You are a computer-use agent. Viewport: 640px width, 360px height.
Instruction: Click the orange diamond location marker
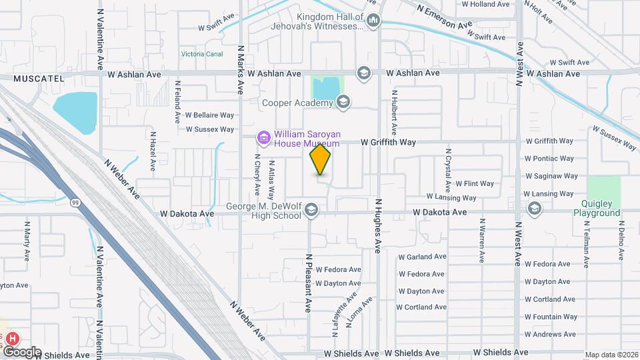[320, 160]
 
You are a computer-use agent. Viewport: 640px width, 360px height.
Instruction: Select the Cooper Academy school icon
[343, 102]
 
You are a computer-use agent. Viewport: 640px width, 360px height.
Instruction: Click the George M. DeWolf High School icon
[311, 211]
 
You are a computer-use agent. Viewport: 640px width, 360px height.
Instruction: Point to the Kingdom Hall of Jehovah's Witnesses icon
[373, 21]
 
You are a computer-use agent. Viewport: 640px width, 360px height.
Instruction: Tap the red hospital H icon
[12, 339]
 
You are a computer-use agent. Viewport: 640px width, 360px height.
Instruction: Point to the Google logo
[22, 351]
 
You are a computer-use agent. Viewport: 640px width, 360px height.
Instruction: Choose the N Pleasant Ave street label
[309, 283]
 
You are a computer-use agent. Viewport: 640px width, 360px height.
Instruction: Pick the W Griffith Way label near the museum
[388, 142]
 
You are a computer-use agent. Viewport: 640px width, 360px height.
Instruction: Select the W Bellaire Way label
[209, 115]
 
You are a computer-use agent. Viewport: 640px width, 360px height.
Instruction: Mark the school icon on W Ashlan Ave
[363, 72]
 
